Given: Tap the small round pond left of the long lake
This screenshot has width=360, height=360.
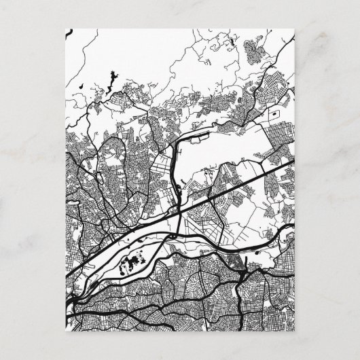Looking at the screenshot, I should [x=80, y=86].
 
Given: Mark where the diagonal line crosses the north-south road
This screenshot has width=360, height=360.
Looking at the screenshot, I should [x=179, y=213].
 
